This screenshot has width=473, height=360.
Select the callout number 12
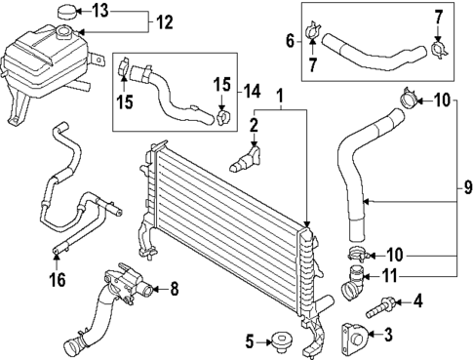[x=163, y=21]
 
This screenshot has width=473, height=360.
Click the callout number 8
[x=174, y=288]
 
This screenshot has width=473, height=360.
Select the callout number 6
[x=289, y=40]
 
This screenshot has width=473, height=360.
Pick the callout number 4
[x=417, y=300]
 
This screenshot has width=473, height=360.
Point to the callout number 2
[x=252, y=125]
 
